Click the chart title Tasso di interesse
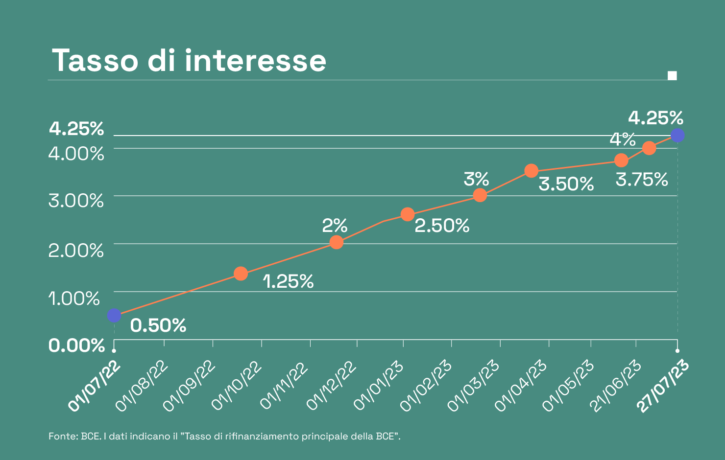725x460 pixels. [189, 61]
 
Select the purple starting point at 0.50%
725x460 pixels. [114, 316]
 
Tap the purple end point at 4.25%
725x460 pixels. [677, 135]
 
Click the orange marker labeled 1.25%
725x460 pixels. [241, 274]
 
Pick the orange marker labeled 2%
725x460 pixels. [336, 242]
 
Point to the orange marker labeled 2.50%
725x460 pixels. [408, 214]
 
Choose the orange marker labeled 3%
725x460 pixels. [480, 195]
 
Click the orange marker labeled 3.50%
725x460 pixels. [532, 171]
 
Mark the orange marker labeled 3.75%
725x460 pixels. [621, 160]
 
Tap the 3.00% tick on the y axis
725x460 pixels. [76, 201]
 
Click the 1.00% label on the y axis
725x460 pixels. [74, 298]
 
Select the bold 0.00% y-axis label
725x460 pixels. [76, 345]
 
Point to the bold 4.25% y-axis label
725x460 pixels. [76, 129]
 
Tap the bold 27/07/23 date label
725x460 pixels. [664, 387]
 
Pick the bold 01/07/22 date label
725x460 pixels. [95, 387]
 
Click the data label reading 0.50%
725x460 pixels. [158, 325]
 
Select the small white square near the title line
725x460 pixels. [672, 75]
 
